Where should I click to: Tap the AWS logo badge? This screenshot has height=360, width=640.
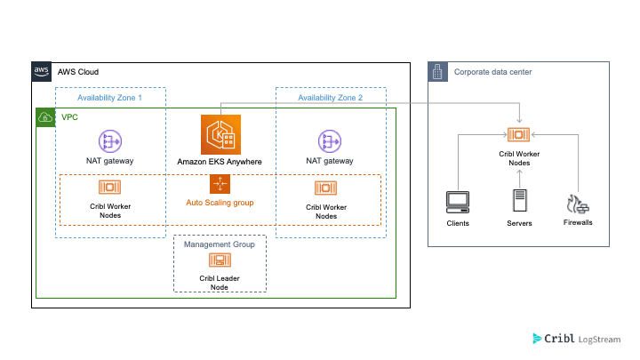[x=41, y=71]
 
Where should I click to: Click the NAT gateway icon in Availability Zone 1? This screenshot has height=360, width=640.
[x=110, y=140]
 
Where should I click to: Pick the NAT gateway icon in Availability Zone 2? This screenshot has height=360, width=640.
[x=329, y=140]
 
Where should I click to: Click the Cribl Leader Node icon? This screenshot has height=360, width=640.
[x=220, y=260]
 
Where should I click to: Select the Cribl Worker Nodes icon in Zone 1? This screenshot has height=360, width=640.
[x=110, y=188]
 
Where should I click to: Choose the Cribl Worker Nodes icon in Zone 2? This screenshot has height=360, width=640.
[x=326, y=188]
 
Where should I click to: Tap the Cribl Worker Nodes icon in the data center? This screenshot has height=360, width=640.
[x=518, y=135]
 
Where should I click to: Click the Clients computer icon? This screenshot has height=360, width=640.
[x=458, y=202]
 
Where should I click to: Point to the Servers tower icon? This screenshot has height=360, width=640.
[x=519, y=200]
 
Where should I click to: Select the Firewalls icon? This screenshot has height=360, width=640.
[x=577, y=203]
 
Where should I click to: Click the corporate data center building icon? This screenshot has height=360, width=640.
[x=438, y=71]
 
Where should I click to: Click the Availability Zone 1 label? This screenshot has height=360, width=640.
[x=110, y=97]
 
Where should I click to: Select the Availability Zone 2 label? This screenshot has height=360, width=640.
[x=330, y=97]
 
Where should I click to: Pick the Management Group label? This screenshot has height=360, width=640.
[x=220, y=244]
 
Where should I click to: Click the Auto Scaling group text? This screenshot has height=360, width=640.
[x=220, y=203]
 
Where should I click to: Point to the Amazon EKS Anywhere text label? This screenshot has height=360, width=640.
[x=220, y=161]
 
